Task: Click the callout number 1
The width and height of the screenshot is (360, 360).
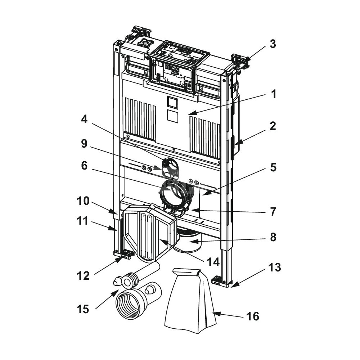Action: pyautogui.click(x=274, y=94)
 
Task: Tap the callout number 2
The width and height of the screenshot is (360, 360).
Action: pyautogui.click(x=273, y=126)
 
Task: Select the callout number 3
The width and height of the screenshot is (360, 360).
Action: pyautogui.click(x=273, y=44)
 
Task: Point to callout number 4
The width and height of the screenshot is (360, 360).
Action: pyautogui.click(x=84, y=120)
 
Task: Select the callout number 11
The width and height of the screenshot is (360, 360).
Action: pyautogui.click(x=82, y=221)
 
